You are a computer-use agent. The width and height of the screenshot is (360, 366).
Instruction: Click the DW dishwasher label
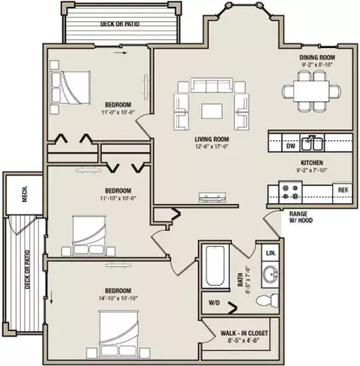291,145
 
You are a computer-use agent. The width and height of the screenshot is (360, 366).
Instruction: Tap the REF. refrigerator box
343,193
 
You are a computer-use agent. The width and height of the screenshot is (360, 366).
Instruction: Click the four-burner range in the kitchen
290,192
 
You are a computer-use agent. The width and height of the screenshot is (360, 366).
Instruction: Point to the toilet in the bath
268,300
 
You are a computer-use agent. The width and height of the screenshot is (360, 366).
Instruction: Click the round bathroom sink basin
270,274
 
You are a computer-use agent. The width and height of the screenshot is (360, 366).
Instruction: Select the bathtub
215,265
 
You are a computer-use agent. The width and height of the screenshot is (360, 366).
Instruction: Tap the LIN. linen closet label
271,253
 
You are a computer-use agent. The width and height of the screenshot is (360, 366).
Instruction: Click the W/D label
214,303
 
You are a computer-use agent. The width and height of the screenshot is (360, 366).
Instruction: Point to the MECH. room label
25,194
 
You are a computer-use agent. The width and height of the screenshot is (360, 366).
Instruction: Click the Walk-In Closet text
244,333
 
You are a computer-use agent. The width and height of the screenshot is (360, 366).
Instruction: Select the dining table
311,91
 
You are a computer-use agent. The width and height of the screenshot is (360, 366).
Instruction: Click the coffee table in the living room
211,111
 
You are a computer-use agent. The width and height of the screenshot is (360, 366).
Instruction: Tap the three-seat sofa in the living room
211,85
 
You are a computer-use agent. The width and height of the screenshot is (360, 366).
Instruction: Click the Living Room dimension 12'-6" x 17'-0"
212,146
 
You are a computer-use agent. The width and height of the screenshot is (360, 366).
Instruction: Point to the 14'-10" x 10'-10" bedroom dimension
118,298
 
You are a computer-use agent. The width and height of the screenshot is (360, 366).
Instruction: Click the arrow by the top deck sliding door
121,52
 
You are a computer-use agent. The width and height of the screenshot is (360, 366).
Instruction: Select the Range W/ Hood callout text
301,217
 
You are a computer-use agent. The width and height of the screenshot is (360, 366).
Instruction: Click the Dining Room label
317,58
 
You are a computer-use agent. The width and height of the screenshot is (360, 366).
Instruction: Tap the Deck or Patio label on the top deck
120,24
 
